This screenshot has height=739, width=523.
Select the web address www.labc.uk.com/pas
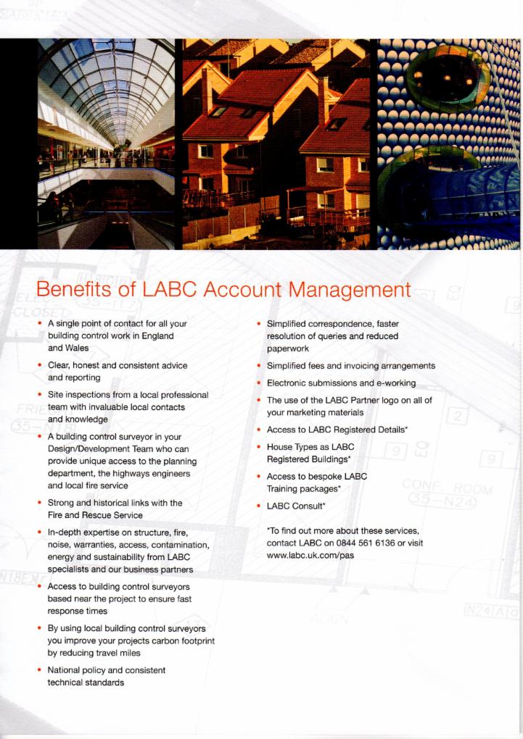(x=310, y=555)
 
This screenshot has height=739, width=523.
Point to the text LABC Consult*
(x=296, y=506)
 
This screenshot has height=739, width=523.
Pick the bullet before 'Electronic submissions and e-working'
(x=258, y=383)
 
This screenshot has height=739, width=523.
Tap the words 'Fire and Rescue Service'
(x=95, y=515)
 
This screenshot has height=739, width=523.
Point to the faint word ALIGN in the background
(x=329, y=619)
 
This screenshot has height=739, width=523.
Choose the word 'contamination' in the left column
(x=181, y=544)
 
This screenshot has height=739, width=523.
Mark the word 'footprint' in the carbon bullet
(x=194, y=640)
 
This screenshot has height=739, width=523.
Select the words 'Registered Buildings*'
(x=309, y=459)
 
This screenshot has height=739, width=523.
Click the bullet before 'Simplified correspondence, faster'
(x=258, y=323)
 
